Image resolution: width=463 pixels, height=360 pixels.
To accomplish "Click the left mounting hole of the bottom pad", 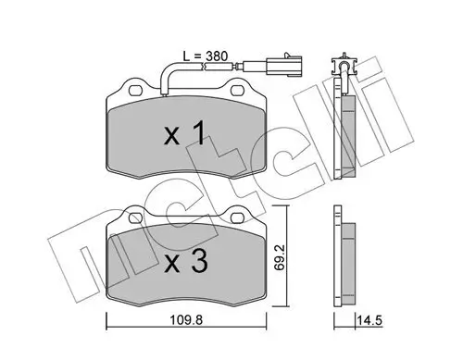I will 135,218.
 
